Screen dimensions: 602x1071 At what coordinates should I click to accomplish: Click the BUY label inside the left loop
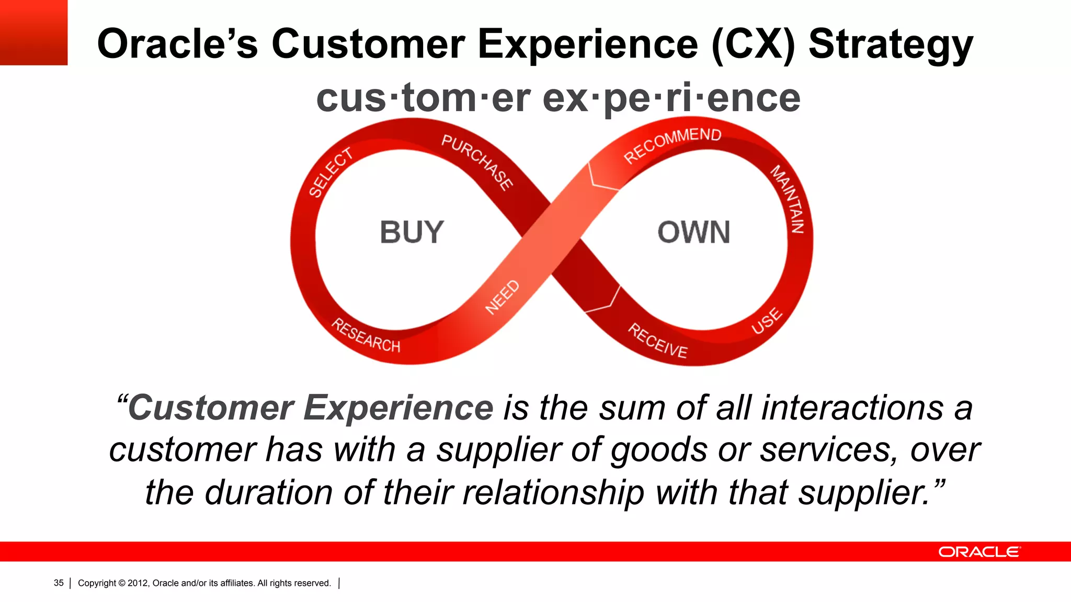click(412, 233)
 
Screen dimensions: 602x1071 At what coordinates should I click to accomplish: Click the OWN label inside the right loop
click(693, 233)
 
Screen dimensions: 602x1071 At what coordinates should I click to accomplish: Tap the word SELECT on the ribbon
click(331, 172)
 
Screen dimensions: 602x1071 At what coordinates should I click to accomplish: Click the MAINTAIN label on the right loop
click(788, 199)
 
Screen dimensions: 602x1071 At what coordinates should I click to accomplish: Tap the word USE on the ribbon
click(767, 321)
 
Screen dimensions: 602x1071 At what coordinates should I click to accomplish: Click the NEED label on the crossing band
click(502, 297)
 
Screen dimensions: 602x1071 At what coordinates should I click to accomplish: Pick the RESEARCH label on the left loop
click(366, 336)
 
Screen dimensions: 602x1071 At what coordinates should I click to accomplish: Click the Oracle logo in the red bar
click(978, 552)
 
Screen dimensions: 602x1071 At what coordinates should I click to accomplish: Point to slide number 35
click(59, 583)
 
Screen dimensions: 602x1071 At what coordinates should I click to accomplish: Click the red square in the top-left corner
click(33, 32)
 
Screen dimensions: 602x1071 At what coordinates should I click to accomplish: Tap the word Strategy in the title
click(891, 44)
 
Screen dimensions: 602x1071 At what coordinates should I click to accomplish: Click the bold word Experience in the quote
click(398, 408)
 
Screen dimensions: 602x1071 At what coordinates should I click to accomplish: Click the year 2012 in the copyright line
click(138, 583)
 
